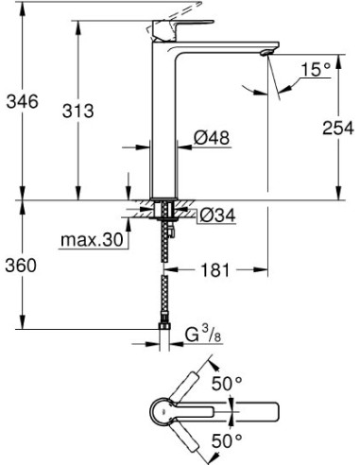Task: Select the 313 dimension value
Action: pyautogui.click(x=83, y=111)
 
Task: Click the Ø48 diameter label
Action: pyautogui.click(x=213, y=139)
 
